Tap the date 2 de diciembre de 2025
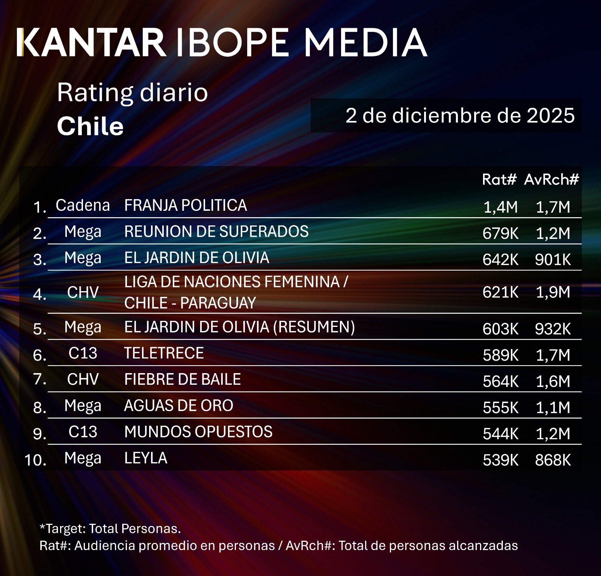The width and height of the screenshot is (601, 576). tap(460, 115)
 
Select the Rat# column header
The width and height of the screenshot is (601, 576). tap(499, 179)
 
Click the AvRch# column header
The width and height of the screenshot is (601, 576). tap(551, 179)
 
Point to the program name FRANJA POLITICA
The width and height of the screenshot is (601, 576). tap(186, 206)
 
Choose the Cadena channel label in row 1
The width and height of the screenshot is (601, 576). tap(83, 206)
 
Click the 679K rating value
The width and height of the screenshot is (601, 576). tap(500, 233)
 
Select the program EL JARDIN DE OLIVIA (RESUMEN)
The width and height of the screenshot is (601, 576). tap(239, 327)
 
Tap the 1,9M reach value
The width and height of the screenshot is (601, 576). tap(553, 292)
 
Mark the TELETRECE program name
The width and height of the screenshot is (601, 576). tap(164, 353)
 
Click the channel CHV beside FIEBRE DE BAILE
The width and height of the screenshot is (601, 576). tap(83, 379)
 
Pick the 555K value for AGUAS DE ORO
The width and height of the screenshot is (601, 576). tap(500, 408)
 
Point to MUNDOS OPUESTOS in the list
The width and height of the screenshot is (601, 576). tap(198, 432)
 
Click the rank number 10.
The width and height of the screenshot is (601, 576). tap(35, 460)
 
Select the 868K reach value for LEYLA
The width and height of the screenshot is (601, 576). tap(553, 460)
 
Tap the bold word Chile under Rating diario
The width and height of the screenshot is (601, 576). tap(90, 126)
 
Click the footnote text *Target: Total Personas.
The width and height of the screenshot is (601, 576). tap(110, 529)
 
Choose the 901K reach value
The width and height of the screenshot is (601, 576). tap(553, 260)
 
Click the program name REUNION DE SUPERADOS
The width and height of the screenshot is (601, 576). tap(216, 232)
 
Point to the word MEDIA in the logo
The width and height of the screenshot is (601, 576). tap(365, 42)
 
